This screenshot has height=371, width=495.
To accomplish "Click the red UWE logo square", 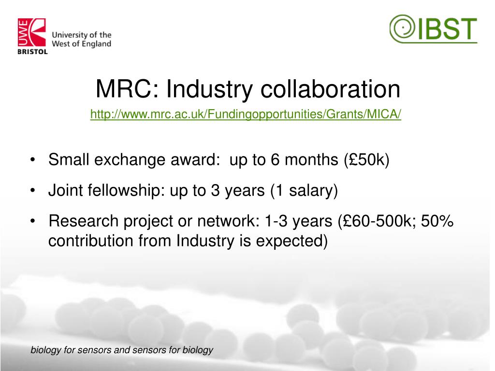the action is [31, 32].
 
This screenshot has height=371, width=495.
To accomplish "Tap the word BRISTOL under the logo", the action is [32, 52].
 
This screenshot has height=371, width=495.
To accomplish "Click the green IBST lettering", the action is [448, 29].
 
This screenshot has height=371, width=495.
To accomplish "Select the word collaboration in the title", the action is [330, 89].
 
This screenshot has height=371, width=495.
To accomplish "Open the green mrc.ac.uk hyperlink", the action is [246, 114].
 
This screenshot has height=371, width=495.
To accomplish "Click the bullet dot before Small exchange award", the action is [32, 160].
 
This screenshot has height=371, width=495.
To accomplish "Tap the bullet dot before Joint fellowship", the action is [32, 190].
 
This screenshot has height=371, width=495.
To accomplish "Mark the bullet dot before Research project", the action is [32, 221].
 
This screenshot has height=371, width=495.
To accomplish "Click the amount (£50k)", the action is [366, 159].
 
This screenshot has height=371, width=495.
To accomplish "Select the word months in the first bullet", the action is [311, 159].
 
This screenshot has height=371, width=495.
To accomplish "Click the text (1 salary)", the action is [304, 190].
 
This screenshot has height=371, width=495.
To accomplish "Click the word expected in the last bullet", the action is [291, 241].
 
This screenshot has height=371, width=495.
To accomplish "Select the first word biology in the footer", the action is [46, 350].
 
